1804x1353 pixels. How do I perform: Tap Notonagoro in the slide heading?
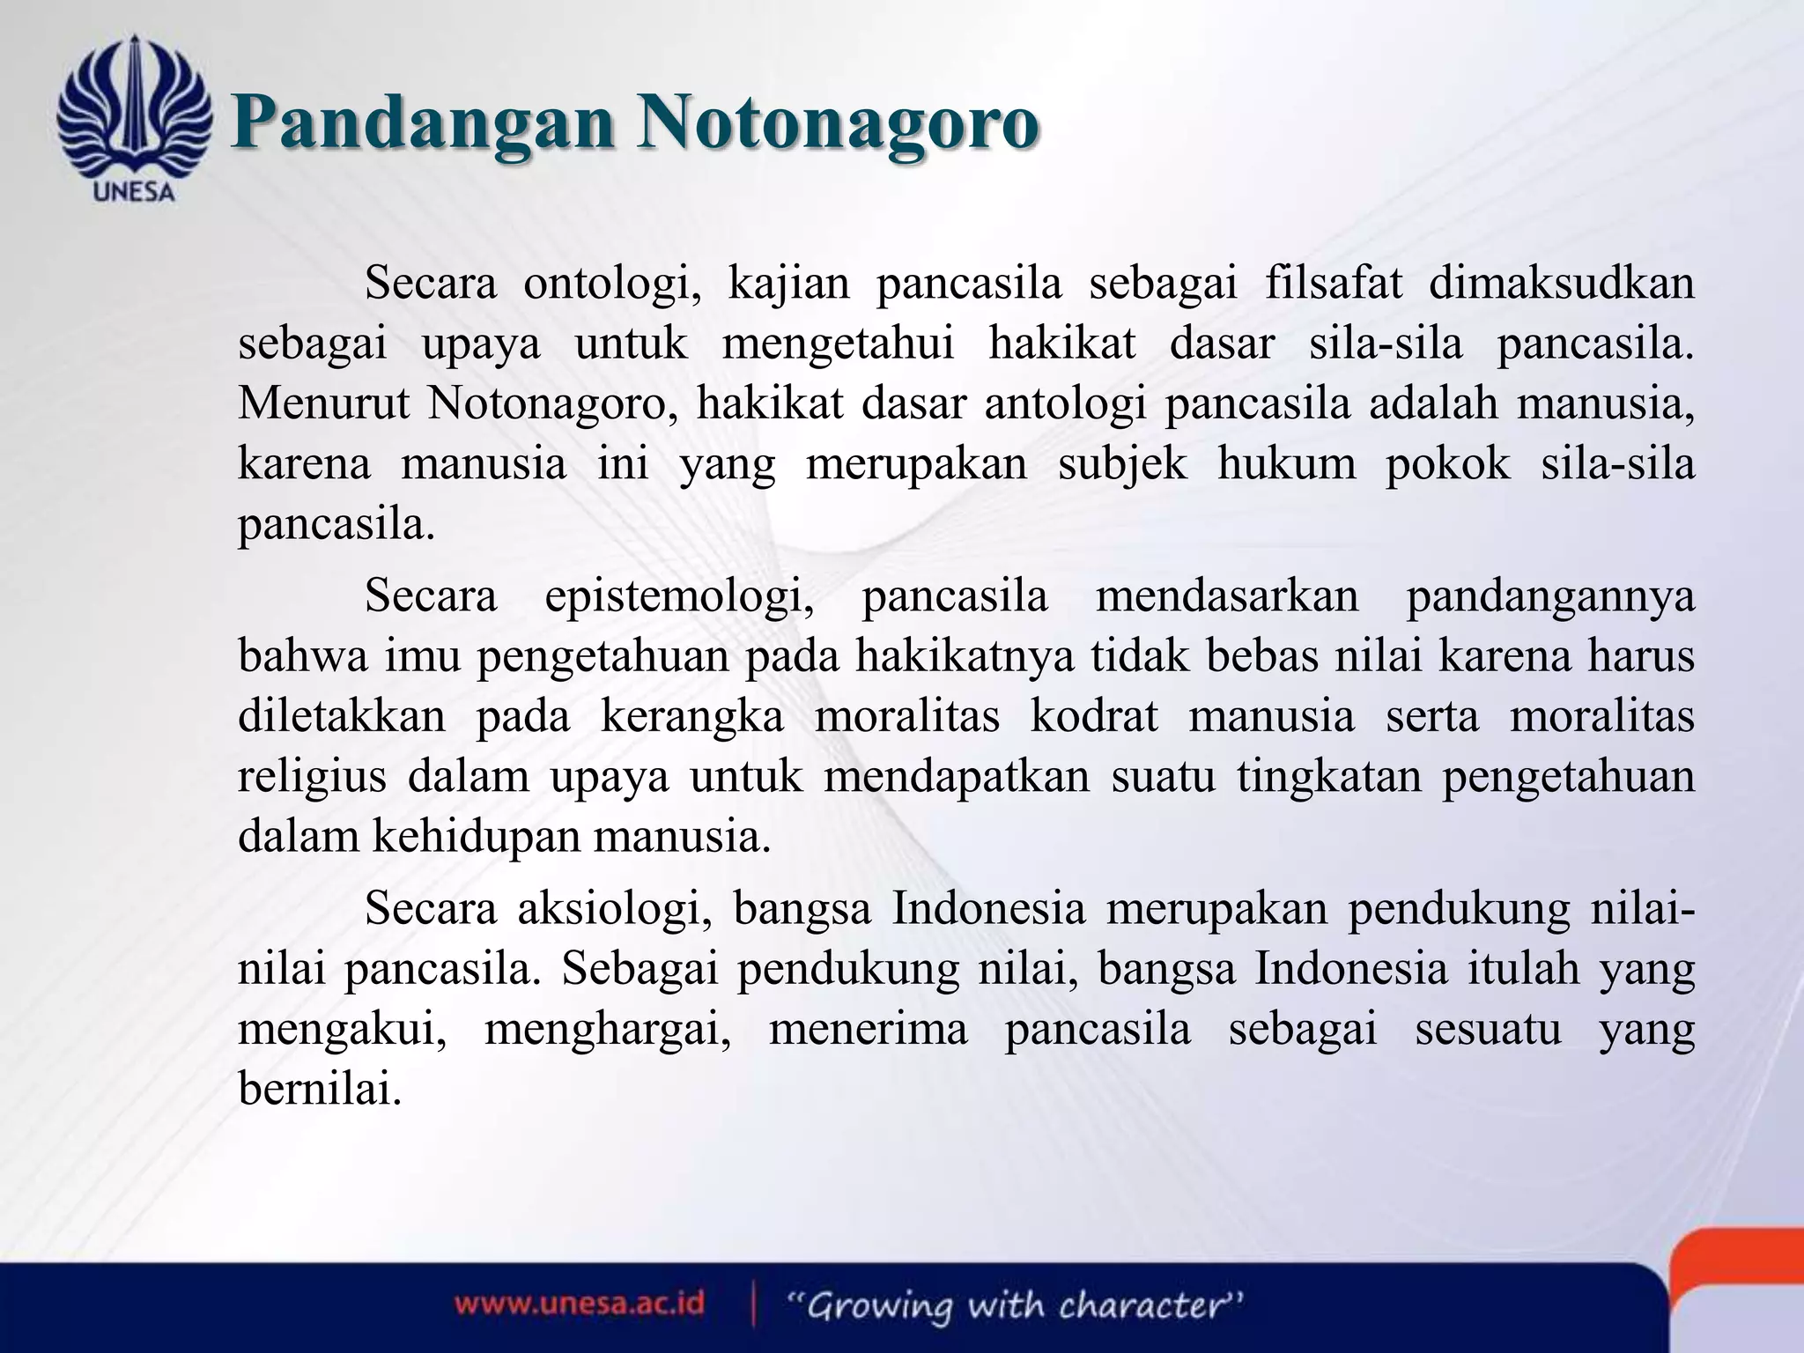point(838,124)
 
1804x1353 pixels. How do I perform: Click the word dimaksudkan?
point(1561,284)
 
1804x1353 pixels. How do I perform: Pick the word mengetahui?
point(838,344)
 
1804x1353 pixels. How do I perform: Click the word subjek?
point(1122,463)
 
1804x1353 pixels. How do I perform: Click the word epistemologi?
point(678,595)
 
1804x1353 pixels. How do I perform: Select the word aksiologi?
point(614,908)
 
